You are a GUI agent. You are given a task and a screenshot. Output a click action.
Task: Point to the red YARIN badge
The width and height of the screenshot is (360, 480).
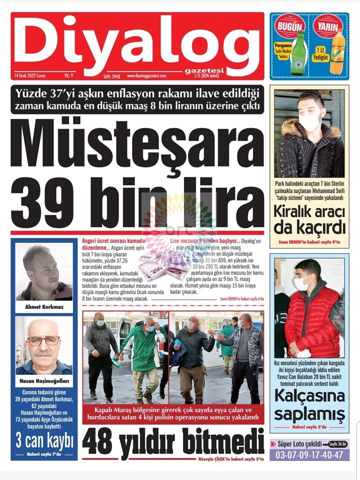[x=328, y=26]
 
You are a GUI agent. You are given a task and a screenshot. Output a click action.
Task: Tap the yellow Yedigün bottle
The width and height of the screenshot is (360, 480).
[x=337, y=52]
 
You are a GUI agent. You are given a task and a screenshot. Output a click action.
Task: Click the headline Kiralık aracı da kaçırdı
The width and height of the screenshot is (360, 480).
[x=309, y=219]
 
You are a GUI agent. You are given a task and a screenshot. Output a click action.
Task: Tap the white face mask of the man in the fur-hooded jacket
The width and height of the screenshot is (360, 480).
[x=309, y=121]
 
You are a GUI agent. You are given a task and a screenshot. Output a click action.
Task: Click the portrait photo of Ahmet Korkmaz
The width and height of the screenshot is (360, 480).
[x=44, y=272]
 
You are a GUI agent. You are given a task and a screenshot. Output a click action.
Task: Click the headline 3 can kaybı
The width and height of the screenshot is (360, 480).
[x=44, y=441]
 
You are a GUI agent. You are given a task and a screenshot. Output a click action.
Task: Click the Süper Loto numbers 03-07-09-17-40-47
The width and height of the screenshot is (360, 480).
[x=309, y=455]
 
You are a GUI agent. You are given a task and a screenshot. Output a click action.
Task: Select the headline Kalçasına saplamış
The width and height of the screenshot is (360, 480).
[x=309, y=405]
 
